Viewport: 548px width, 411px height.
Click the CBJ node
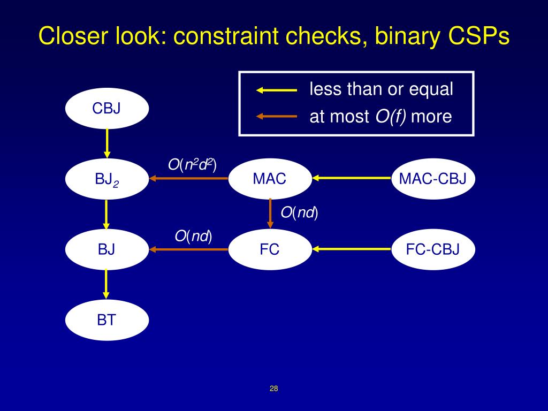(x=106, y=109)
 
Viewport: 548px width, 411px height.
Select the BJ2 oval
(x=106, y=179)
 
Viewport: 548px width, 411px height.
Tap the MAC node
(x=270, y=179)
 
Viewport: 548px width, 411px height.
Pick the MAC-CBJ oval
(x=433, y=179)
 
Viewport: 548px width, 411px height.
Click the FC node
(x=270, y=249)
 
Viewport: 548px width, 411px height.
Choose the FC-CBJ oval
(x=433, y=249)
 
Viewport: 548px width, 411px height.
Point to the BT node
(x=106, y=320)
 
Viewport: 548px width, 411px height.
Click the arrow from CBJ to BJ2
(x=107, y=143)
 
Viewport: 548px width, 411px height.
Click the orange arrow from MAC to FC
(x=270, y=214)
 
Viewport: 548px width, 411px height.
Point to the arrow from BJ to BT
(x=106, y=284)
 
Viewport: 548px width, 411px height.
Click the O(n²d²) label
(x=192, y=165)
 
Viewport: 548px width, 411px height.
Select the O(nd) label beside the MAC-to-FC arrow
(x=299, y=213)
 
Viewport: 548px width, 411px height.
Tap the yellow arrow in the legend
(x=277, y=90)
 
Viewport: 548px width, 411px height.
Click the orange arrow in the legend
(x=277, y=116)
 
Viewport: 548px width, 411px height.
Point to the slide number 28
(x=274, y=389)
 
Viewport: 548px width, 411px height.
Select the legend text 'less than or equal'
(x=381, y=89)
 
